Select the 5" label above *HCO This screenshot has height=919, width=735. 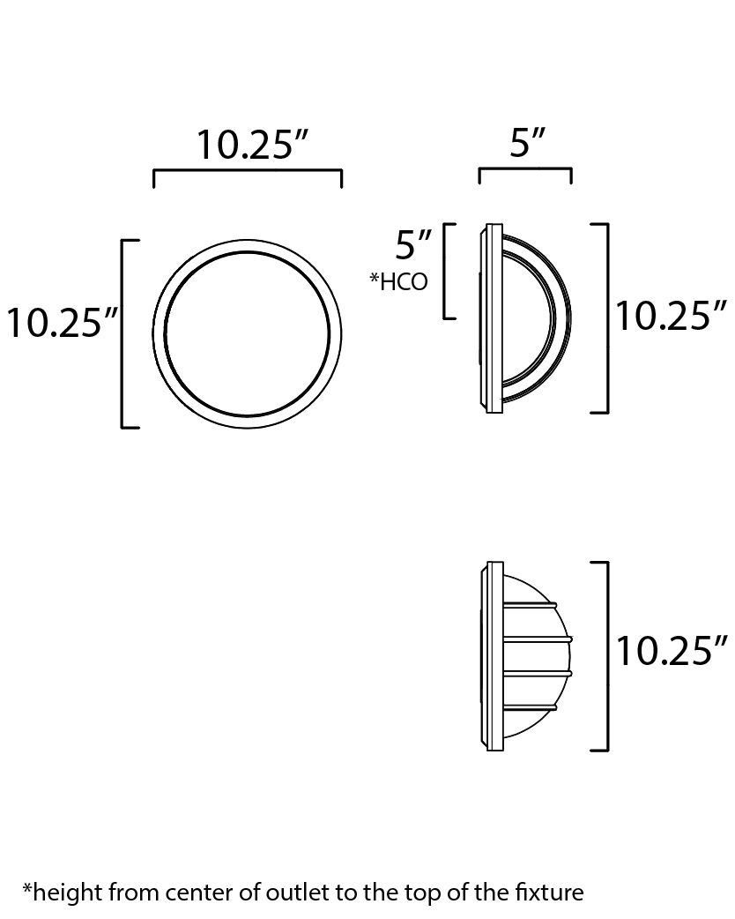tap(414, 243)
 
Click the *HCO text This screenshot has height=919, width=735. tap(399, 281)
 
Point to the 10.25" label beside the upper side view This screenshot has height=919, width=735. tap(671, 316)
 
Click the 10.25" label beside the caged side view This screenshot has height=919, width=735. tap(671, 652)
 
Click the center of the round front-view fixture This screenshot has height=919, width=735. tap(248, 333)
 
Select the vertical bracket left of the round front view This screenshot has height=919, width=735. tap(122, 333)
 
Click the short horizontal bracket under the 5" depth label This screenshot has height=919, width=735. tap(525, 170)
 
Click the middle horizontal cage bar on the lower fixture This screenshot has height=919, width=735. tap(538, 639)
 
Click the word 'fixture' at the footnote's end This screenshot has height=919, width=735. tap(553, 893)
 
